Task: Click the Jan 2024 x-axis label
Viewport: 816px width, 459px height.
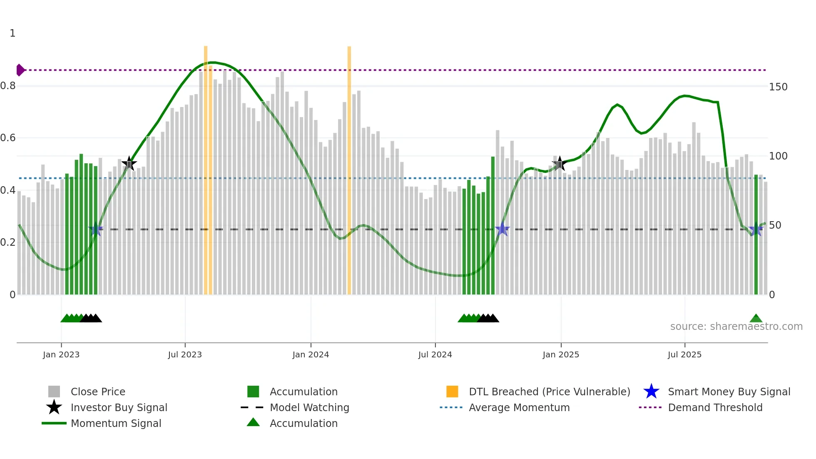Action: coord(311,354)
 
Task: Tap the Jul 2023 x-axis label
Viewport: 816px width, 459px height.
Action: coord(185,354)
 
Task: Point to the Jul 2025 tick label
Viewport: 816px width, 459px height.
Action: coord(684,354)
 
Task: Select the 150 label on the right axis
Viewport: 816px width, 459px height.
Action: coord(778,87)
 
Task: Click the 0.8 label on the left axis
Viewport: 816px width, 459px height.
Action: coord(8,86)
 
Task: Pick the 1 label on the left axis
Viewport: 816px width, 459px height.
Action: coord(12,33)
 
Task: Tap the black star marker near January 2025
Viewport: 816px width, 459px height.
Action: coord(560,164)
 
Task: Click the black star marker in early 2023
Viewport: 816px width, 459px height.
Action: coord(129,164)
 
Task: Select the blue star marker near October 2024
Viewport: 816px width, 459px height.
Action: coord(503,229)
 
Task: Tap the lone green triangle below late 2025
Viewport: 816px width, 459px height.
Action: coord(756,319)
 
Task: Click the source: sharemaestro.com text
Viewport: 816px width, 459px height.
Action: coord(736,327)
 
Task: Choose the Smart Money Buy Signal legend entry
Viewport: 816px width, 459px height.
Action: coord(729,392)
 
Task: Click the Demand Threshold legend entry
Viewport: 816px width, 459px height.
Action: coord(715,407)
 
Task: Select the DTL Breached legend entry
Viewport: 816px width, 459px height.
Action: coord(549,392)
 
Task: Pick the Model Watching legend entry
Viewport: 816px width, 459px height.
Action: coord(309,407)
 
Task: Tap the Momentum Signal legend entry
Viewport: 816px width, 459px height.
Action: coord(116,423)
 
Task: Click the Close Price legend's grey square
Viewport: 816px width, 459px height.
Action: coord(54,392)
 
